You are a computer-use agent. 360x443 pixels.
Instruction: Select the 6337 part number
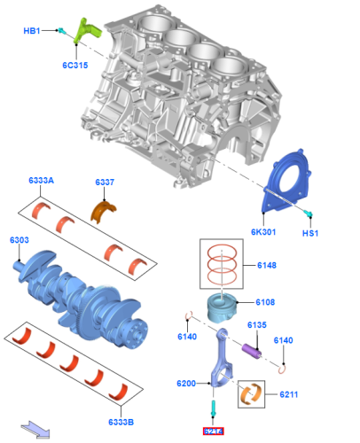click(106, 183)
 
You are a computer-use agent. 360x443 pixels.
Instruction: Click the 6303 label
click(20, 240)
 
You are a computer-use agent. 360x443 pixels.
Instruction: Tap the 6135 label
click(256, 325)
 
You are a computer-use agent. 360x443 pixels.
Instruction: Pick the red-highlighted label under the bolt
click(214, 431)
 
